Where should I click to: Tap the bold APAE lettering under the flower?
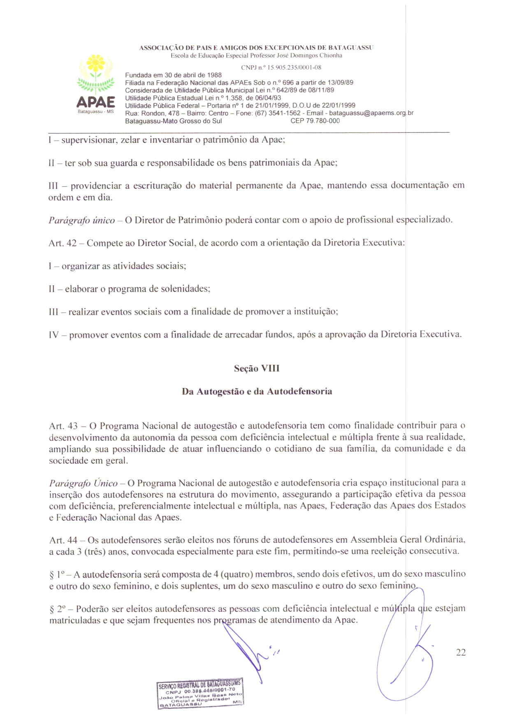click(96, 102)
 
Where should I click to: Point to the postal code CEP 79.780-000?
click(315, 121)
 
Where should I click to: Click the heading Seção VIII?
click(257, 368)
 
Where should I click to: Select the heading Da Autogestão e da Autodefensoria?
click(257, 391)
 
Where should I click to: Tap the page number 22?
click(461, 652)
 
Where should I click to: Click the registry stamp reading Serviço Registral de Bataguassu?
click(200, 693)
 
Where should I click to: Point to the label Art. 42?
click(63, 243)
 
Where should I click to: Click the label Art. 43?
click(63, 426)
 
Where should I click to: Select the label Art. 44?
click(63, 540)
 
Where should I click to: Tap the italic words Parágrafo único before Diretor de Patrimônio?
click(81, 221)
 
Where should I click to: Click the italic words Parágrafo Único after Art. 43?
click(83, 483)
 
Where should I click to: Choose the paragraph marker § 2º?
click(57, 609)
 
